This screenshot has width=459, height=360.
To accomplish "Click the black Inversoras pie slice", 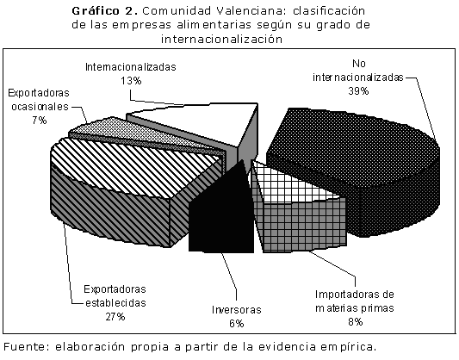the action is pyautogui.click(x=221, y=216).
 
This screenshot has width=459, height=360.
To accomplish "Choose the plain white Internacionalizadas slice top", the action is pyautogui.click(x=205, y=123).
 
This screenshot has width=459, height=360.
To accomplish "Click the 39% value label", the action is pyautogui.click(x=358, y=91).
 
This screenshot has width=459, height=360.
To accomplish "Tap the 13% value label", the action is pyautogui.click(x=131, y=80).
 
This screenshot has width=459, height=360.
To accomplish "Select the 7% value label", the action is pyautogui.click(x=40, y=121).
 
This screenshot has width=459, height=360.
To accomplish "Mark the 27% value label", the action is pyautogui.click(x=115, y=316).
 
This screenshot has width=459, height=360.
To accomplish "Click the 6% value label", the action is pyautogui.click(x=237, y=324).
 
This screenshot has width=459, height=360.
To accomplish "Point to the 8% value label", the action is pyautogui.click(x=356, y=321).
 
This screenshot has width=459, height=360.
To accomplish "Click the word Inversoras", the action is pyautogui.click(x=237, y=310).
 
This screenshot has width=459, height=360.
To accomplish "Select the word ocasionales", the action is pyautogui.click(x=40, y=107).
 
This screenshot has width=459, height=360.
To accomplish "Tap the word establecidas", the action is pyautogui.click(x=115, y=302).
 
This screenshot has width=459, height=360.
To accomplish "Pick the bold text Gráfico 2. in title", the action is pyautogui.click(x=105, y=11).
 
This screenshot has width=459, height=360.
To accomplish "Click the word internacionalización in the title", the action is pyautogui.click(x=221, y=39).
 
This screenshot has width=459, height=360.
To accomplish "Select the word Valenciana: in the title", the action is pyautogui.click(x=252, y=11).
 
